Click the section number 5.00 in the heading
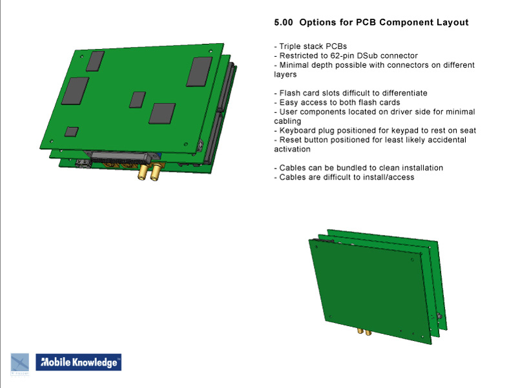pos(284,23)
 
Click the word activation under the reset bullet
pos(293,149)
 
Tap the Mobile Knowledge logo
pos(78,363)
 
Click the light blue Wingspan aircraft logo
pos(19,363)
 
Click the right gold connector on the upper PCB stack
pos(156,172)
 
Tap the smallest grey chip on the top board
pos(72,132)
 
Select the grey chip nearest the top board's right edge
pos(199,71)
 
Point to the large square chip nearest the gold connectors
pos(161,113)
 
